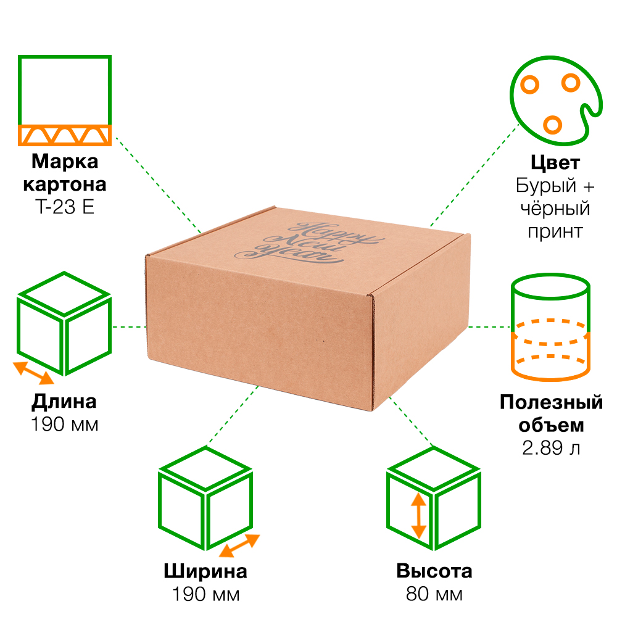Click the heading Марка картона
(x=65, y=173)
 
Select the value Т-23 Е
(x=65, y=207)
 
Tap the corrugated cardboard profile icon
(x=65, y=101)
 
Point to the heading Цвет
(x=555, y=164)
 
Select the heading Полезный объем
(x=551, y=414)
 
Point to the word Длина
(x=64, y=402)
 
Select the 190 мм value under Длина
(x=64, y=424)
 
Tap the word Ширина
(x=205, y=571)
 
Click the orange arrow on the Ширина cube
(x=239, y=545)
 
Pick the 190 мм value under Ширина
(x=205, y=594)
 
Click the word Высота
(x=434, y=571)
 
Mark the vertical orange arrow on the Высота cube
(x=418, y=516)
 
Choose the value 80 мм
(x=434, y=594)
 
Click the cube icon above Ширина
(x=205, y=505)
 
